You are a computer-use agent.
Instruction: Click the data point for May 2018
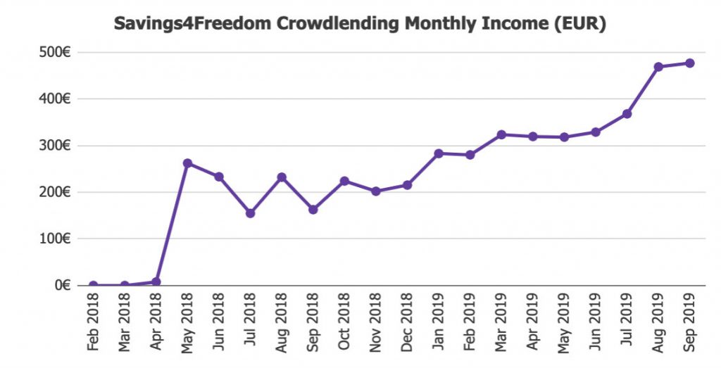(187, 163)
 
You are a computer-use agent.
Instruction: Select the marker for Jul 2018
(250, 213)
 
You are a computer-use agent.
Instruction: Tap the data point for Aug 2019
(658, 67)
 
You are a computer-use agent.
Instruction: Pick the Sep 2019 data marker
(690, 63)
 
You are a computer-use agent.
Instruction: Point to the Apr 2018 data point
(156, 281)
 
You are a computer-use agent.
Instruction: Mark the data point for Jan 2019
(439, 153)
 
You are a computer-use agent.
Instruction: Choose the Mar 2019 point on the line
(501, 134)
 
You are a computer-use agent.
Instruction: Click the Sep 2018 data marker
(313, 210)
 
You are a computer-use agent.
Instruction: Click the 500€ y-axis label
(54, 53)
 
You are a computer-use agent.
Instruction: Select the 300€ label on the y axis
(54, 146)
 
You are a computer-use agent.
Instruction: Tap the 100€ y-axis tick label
(54, 239)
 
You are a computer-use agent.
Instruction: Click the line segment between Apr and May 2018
(172, 222)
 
